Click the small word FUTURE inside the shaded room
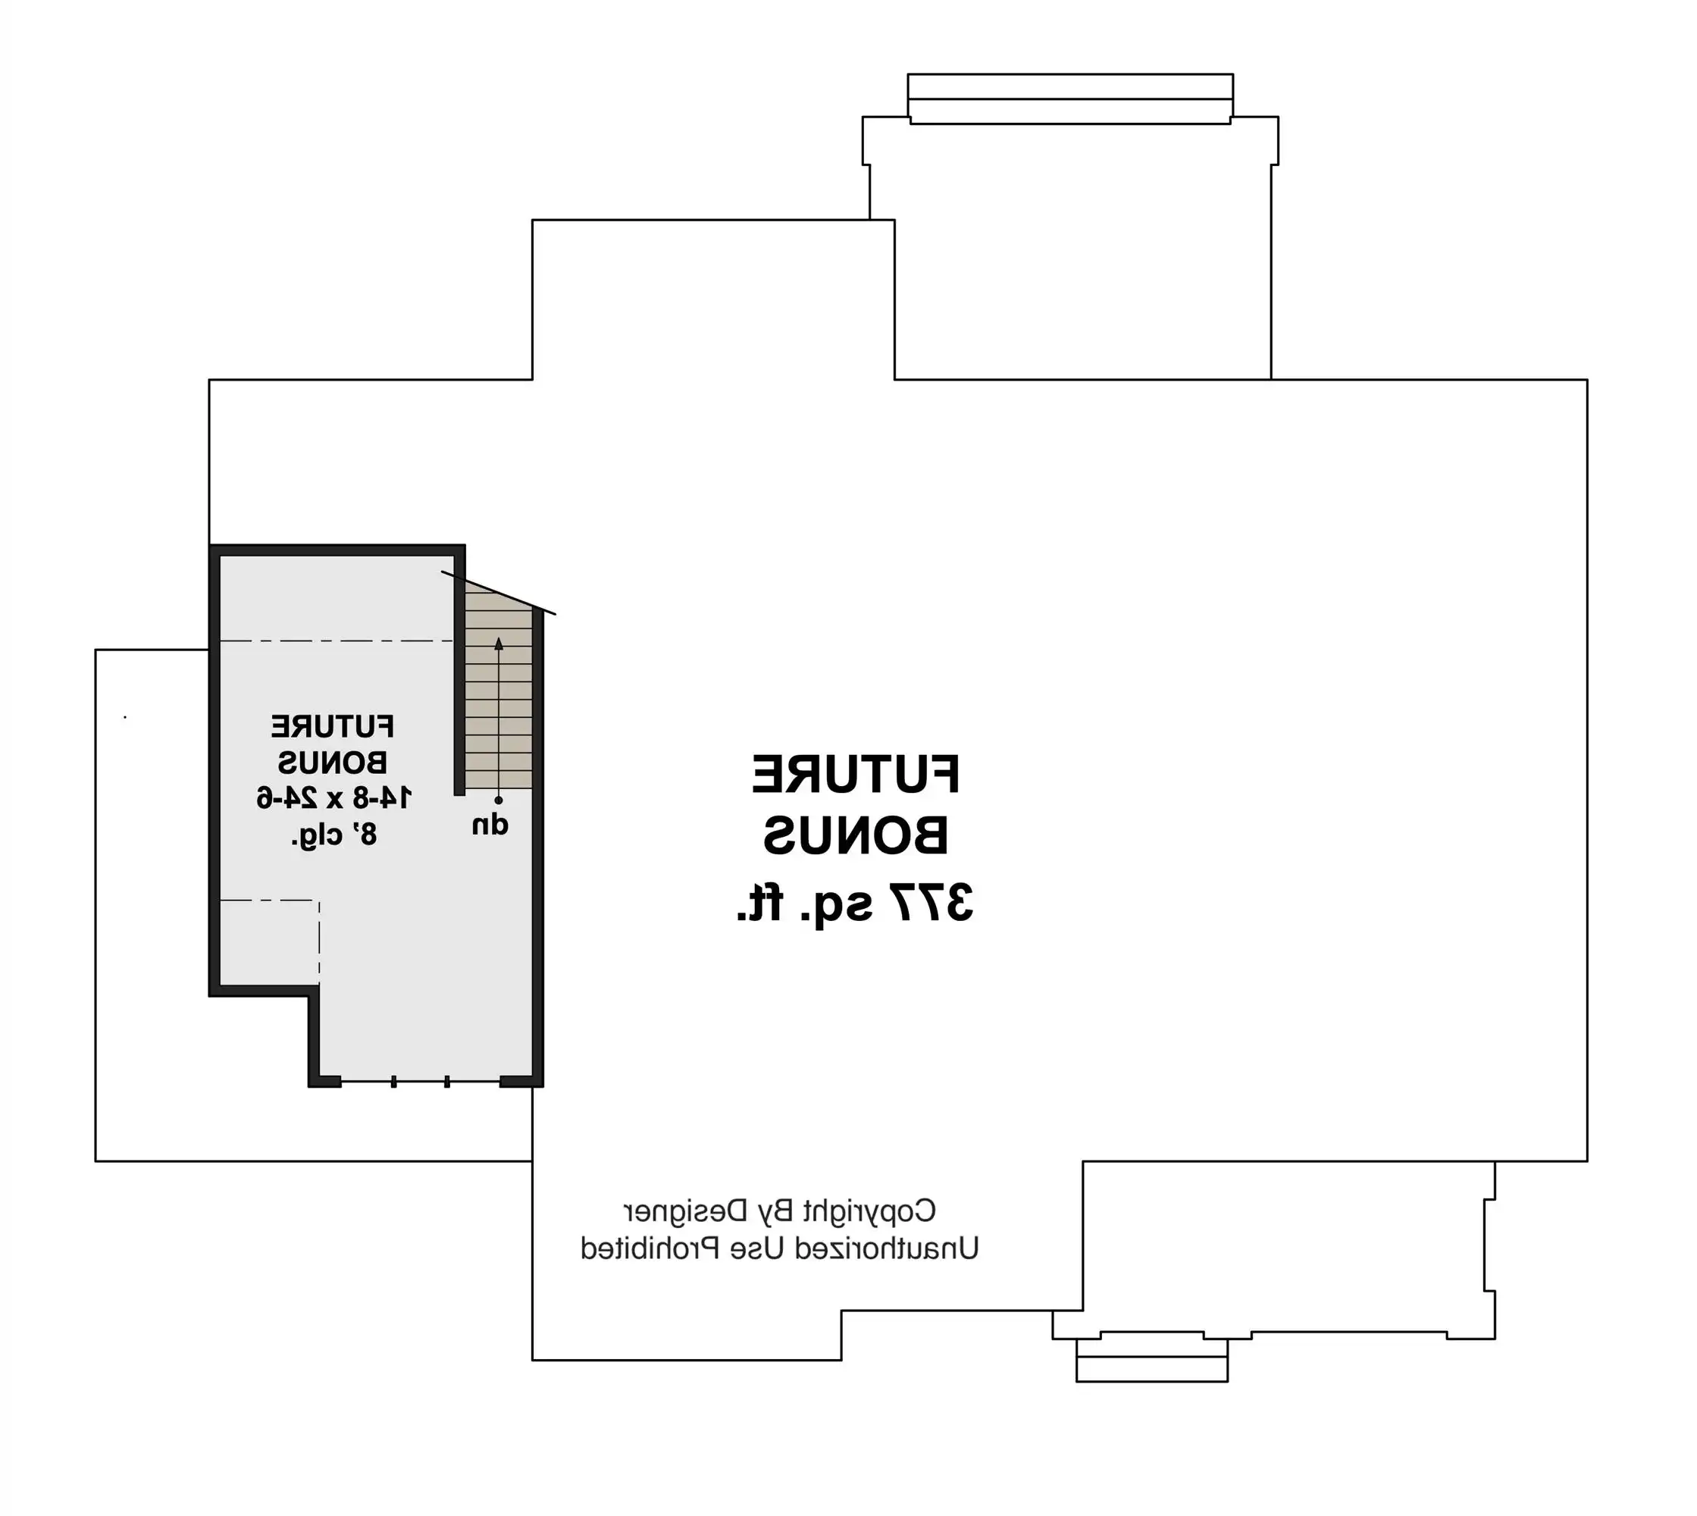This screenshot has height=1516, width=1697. pyautogui.click(x=332, y=726)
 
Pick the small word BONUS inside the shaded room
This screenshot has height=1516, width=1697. pyautogui.click(x=332, y=762)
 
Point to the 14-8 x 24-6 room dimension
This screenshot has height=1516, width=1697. pyautogui.click(x=333, y=798)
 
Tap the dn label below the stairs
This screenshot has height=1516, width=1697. pyautogui.click(x=490, y=825)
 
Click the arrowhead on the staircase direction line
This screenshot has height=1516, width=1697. pyautogui.click(x=499, y=643)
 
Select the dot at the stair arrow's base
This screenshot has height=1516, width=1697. pyautogui.click(x=499, y=800)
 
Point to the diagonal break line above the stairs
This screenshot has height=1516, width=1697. pyautogui.click(x=499, y=593)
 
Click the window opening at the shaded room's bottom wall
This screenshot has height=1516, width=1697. pyautogui.click(x=421, y=1081)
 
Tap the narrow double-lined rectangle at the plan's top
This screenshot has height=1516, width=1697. pyautogui.click(x=1070, y=99)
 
